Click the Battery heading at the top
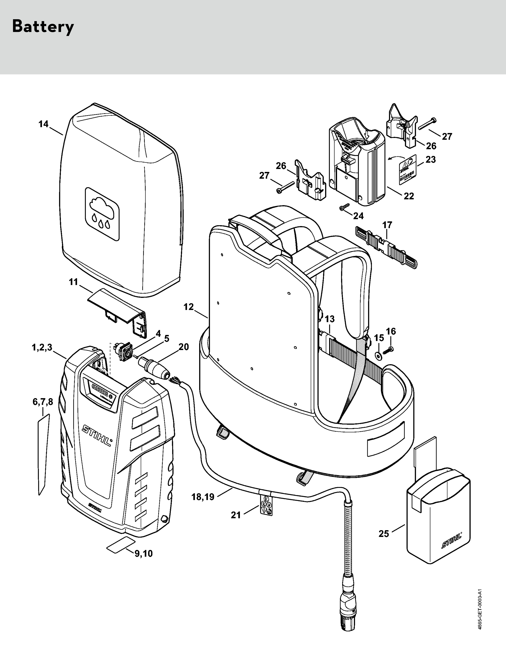pyautogui.click(x=43, y=27)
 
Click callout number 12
pyautogui.click(x=188, y=307)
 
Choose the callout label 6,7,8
pyautogui.click(x=43, y=402)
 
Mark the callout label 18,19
pyautogui.click(x=203, y=497)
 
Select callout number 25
pyautogui.click(x=384, y=534)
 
